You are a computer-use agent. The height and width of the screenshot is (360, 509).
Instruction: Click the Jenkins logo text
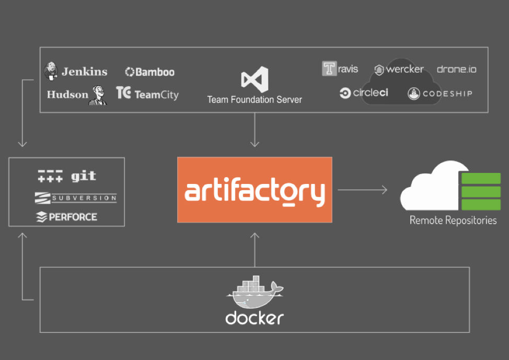pos(84,72)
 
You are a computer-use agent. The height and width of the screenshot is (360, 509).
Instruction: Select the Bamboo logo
pos(150,72)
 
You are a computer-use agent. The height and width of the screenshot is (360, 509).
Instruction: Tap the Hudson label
pos(67,95)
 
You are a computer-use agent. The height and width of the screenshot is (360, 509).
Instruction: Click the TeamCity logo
pos(147,94)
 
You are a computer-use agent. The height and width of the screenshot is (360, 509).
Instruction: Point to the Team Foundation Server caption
pos(254,99)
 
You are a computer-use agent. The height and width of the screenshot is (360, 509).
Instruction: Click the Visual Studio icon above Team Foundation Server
pos(254,79)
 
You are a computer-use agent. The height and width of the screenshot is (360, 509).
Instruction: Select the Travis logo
pos(340,69)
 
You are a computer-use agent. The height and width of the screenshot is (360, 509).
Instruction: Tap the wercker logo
pos(399,69)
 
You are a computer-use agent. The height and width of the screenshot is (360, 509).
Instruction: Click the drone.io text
pos(456,69)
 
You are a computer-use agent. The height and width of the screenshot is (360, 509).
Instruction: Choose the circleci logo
pos(364,93)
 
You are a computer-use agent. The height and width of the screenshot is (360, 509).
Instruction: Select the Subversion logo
pos(75,198)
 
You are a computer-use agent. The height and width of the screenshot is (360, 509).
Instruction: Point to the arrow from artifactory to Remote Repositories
pos(362,190)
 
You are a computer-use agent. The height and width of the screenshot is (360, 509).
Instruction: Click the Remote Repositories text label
pos(453,220)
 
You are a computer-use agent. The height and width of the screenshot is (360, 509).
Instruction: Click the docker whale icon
pos(254,293)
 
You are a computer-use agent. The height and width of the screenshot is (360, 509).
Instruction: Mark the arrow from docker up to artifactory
pos(254,248)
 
